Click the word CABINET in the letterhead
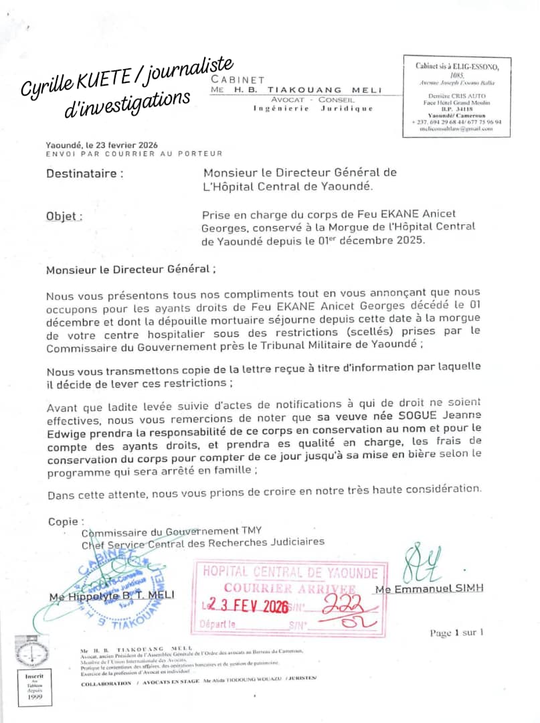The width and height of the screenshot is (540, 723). point(238,80)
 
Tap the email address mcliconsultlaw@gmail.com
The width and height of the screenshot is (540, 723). point(456,129)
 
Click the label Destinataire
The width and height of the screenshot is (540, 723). point(84,173)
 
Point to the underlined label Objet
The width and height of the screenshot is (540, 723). point(64,216)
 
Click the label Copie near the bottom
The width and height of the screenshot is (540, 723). point(66,521)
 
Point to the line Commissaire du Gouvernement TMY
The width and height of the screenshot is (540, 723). point(171,532)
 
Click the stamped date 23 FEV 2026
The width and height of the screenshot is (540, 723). point(248,606)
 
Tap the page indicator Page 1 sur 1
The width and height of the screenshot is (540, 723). point(456,633)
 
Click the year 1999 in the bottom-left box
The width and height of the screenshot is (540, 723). point(34,696)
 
